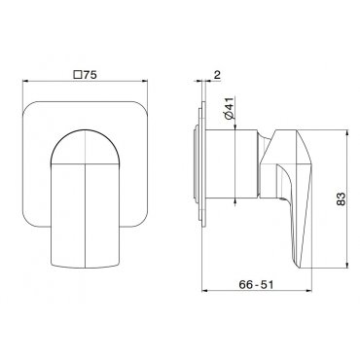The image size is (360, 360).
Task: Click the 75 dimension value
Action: [90, 75]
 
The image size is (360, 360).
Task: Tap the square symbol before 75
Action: [78, 75]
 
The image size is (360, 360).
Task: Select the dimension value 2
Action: [217, 75]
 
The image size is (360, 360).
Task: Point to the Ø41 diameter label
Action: [229, 108]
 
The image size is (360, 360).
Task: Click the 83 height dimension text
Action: [341, 199]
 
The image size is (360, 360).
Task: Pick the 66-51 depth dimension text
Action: [256, 284]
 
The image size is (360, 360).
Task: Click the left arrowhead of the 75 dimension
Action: [25, 81]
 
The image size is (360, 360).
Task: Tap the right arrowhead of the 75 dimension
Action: [145, 81]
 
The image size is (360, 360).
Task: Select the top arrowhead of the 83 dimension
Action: [347, 133]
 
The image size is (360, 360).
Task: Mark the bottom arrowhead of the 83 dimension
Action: [347, 265]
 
